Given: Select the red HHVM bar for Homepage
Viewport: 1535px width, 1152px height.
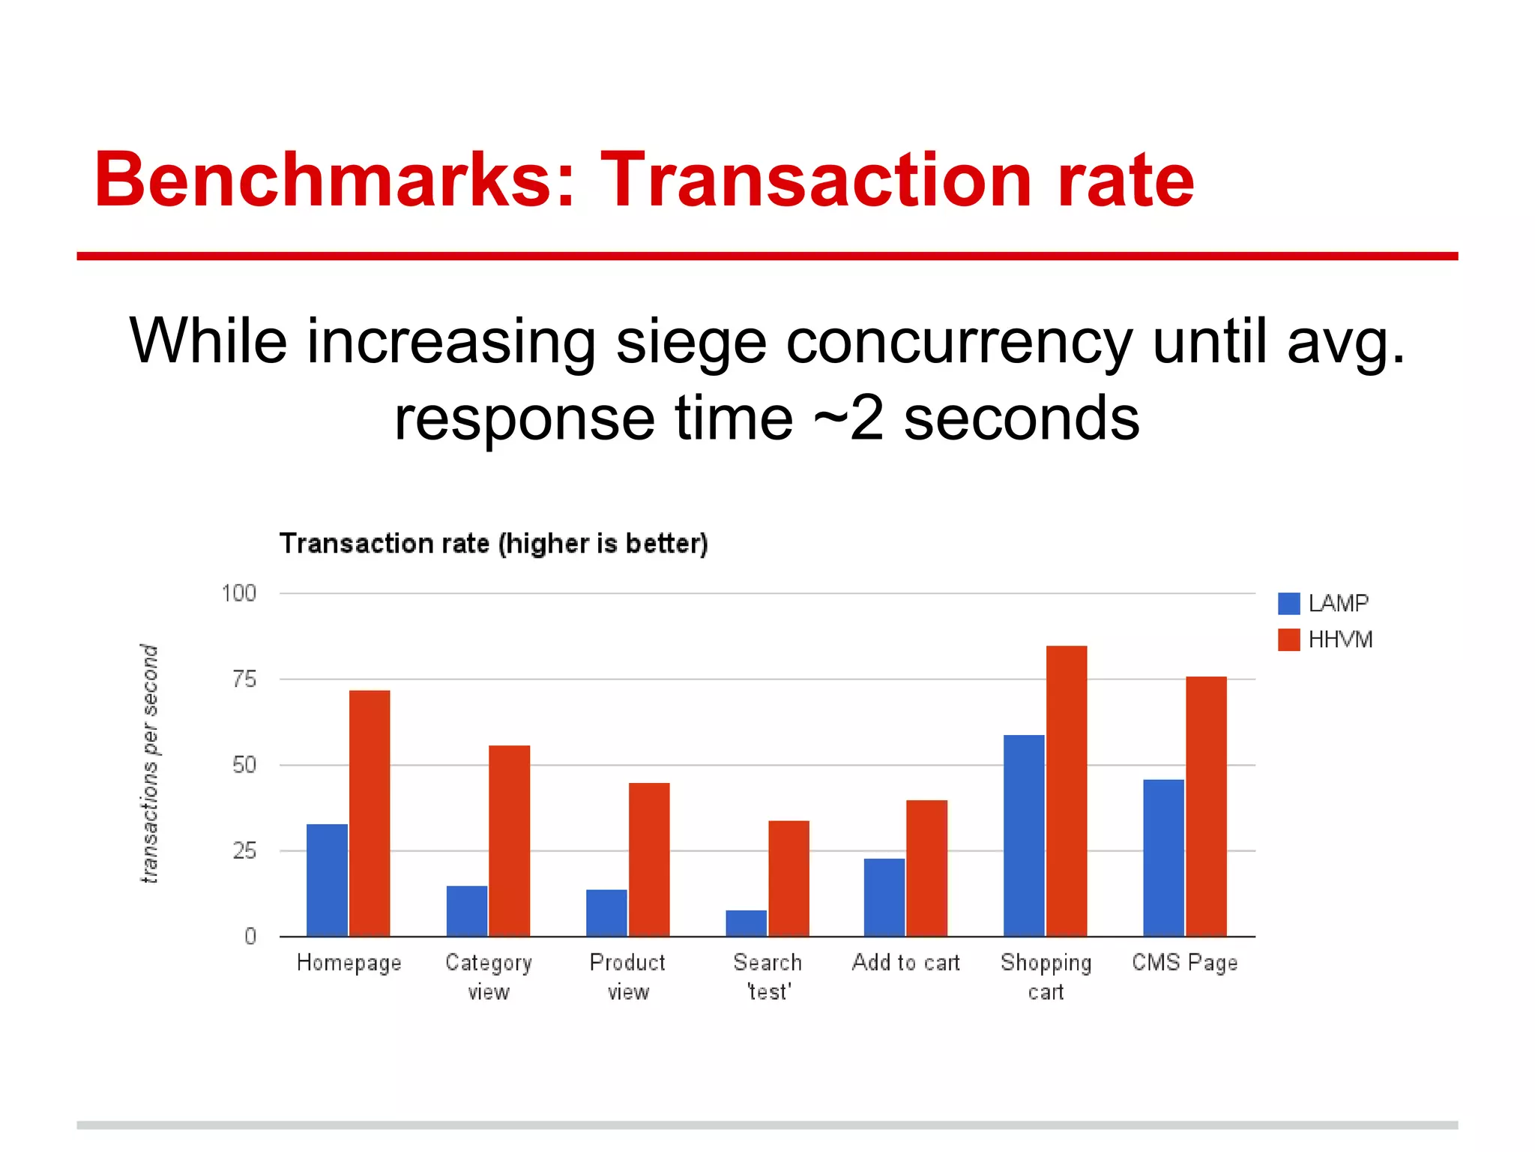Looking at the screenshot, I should click(x=370, y=813).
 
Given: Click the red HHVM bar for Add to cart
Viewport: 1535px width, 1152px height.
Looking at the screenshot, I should click(x=926, y=868).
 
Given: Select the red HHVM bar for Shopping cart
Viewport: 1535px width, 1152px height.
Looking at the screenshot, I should click(x=1066, y=790).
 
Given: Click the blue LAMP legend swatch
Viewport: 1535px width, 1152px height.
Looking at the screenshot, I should click(x=1288, y=603).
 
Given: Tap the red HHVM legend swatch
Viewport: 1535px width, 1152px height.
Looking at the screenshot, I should click(x=1288, y=640).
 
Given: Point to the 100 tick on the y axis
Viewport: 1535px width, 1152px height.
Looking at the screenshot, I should click(x=239, y=593).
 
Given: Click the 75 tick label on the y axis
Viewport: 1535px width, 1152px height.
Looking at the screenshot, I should click(x=244, y=679).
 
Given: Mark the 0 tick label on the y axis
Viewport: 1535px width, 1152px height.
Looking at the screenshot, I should click(x=250, y=937).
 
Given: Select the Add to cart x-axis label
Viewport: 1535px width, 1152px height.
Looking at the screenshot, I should click(x=905, y=962).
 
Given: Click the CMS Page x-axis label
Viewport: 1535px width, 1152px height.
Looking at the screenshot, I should click(x=1184, y=962).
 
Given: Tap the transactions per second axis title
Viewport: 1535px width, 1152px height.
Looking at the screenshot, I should click(x=150, y=763).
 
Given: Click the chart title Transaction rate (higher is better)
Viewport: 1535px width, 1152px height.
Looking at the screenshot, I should click(x=493, y=543).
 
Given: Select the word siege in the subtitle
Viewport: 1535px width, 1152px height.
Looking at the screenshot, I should click(x=691, y=341).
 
